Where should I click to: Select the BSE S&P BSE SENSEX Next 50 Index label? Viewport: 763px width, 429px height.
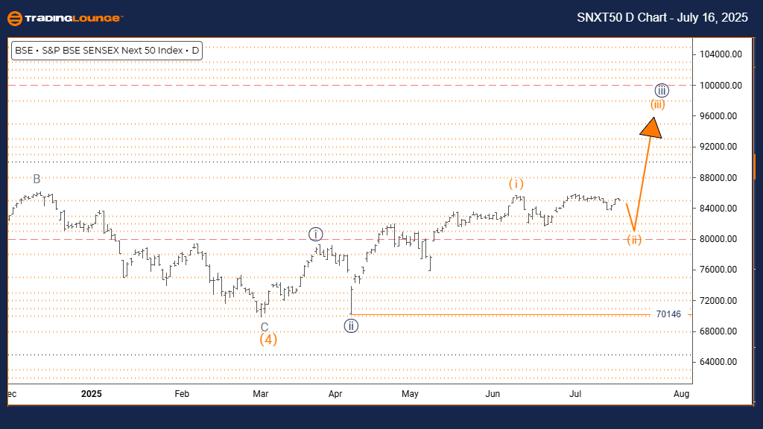[107, 51]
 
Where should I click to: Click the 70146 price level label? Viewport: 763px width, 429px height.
[669, 314]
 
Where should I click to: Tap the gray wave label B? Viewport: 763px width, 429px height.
[37, 179]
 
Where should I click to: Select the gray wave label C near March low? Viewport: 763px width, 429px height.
[265, 326]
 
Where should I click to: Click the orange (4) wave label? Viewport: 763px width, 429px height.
[268, 340]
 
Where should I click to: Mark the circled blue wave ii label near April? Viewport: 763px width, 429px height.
[351, 325]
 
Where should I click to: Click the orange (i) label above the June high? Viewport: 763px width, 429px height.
[516, 183]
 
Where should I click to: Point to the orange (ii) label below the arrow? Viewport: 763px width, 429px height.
[633, 240]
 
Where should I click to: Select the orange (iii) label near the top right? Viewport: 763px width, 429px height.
[657, 104]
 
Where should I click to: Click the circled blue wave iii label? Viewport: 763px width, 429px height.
[662, 91]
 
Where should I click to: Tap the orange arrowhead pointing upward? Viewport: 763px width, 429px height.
[652, 128]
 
